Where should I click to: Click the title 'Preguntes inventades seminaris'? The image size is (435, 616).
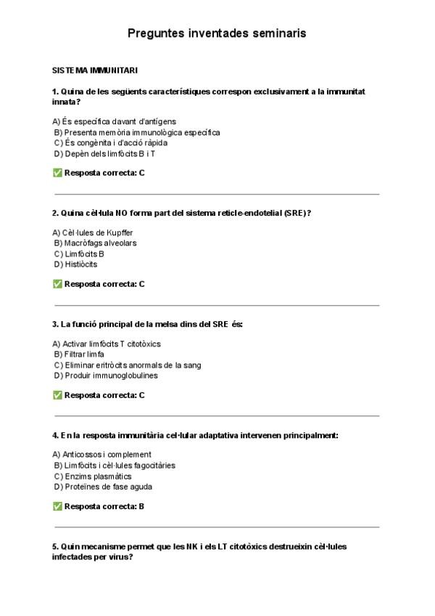pos(217,33)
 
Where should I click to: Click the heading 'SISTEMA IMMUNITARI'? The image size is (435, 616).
pos(95,70)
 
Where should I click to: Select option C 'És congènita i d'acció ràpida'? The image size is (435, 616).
pos(110,143)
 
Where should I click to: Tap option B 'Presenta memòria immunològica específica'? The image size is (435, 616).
pos(136,132)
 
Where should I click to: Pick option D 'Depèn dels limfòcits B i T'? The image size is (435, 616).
pos(104,154)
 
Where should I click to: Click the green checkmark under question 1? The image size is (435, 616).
pos(57,173)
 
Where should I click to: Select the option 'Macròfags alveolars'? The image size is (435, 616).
pos(95,243)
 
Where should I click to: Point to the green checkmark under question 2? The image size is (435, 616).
pos(57,284)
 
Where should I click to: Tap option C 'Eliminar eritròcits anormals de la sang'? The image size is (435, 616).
pos(127,365)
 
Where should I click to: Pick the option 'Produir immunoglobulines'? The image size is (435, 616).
pos(105,376)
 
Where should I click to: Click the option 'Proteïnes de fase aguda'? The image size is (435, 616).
pos(102,487)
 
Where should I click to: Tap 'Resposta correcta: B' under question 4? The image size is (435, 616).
pos(104,506)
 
